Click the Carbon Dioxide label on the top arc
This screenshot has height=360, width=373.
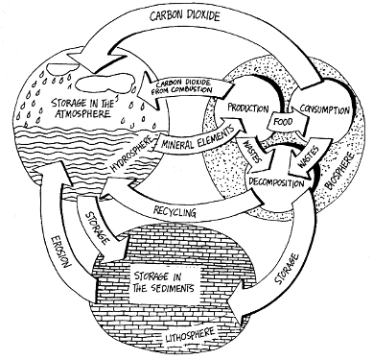(185, 15)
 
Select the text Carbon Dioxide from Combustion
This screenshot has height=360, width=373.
(184, 86)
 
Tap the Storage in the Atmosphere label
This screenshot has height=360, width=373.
(82, 108)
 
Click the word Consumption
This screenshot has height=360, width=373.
(324, 109)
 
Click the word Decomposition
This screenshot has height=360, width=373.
(276, 182)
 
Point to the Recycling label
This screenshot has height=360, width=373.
(175, 211)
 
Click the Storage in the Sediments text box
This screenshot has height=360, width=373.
(164, 283)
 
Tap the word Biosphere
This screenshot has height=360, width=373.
(340, 170)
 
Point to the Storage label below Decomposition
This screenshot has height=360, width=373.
(287, 269)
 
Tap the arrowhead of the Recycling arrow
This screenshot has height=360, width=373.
(110, 191)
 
